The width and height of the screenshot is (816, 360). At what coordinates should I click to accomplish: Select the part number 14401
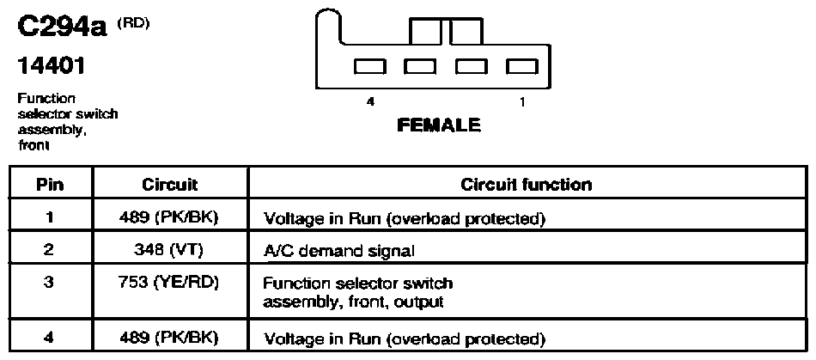pos(51,67)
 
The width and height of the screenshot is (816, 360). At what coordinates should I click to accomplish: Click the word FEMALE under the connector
pos(439,125)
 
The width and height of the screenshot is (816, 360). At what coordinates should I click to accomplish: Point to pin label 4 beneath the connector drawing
pos(370,102)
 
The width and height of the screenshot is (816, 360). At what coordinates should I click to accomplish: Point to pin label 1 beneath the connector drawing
pos(522,102)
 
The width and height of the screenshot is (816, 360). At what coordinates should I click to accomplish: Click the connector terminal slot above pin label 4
pos(370,66)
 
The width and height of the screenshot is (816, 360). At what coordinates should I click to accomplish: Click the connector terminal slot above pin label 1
pos(522,66)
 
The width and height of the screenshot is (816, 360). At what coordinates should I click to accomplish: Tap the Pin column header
pos(51,185)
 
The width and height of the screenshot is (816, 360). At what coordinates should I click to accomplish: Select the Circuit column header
pos(170,185)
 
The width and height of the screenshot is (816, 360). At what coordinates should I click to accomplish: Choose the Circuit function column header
pos(527,185)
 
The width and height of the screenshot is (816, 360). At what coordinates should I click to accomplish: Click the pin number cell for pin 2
pos(49,248)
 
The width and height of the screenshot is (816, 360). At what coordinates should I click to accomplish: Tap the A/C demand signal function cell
pos(338,251)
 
